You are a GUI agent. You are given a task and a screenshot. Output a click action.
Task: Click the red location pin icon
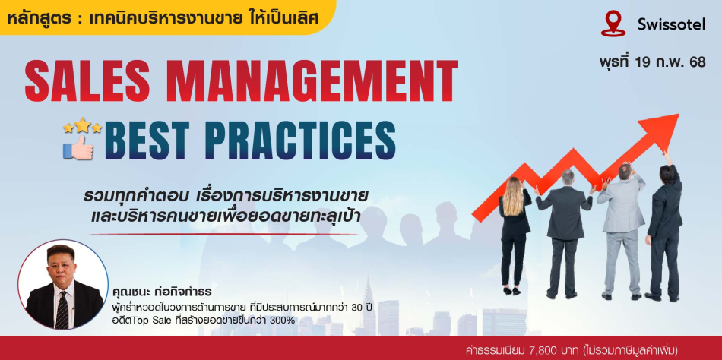point(613,24)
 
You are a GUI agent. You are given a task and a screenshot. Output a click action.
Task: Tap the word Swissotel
point(671,25)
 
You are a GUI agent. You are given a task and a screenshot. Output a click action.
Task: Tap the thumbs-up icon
point(78,148)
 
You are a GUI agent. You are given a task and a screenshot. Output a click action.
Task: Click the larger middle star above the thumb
point(82,124)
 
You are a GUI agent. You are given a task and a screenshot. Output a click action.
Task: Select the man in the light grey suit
point(619,230)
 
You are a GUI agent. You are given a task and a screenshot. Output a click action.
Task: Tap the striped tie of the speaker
point(62,309)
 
